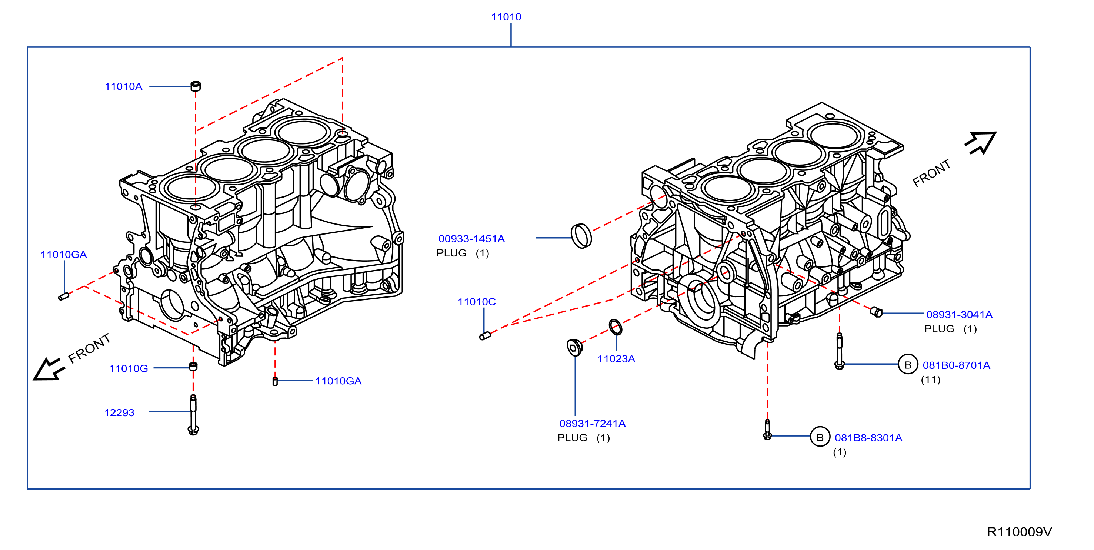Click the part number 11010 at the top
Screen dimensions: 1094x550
pyautogui.click(x=506, y=17)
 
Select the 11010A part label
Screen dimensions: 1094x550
pyautogui.click(x=124, y=87)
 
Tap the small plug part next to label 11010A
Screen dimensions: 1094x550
pyautogui.click(x=196, y=86)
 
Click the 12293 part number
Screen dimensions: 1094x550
pyautogui.click(x=119, y=413)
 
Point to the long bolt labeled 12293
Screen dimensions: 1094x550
pyautogui.click(x=193, y=415)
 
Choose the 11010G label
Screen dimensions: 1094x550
pyautogui.click(x=129, y=368)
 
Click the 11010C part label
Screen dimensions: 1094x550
pyautogui.click(x=477, y=302)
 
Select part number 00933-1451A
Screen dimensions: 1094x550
pyautogui.click(x=471, y=239)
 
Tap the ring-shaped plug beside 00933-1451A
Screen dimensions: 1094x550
pyautogui.click(x=581, y=236)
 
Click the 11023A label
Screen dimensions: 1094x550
pyautogui.click(x=616, y=359)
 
